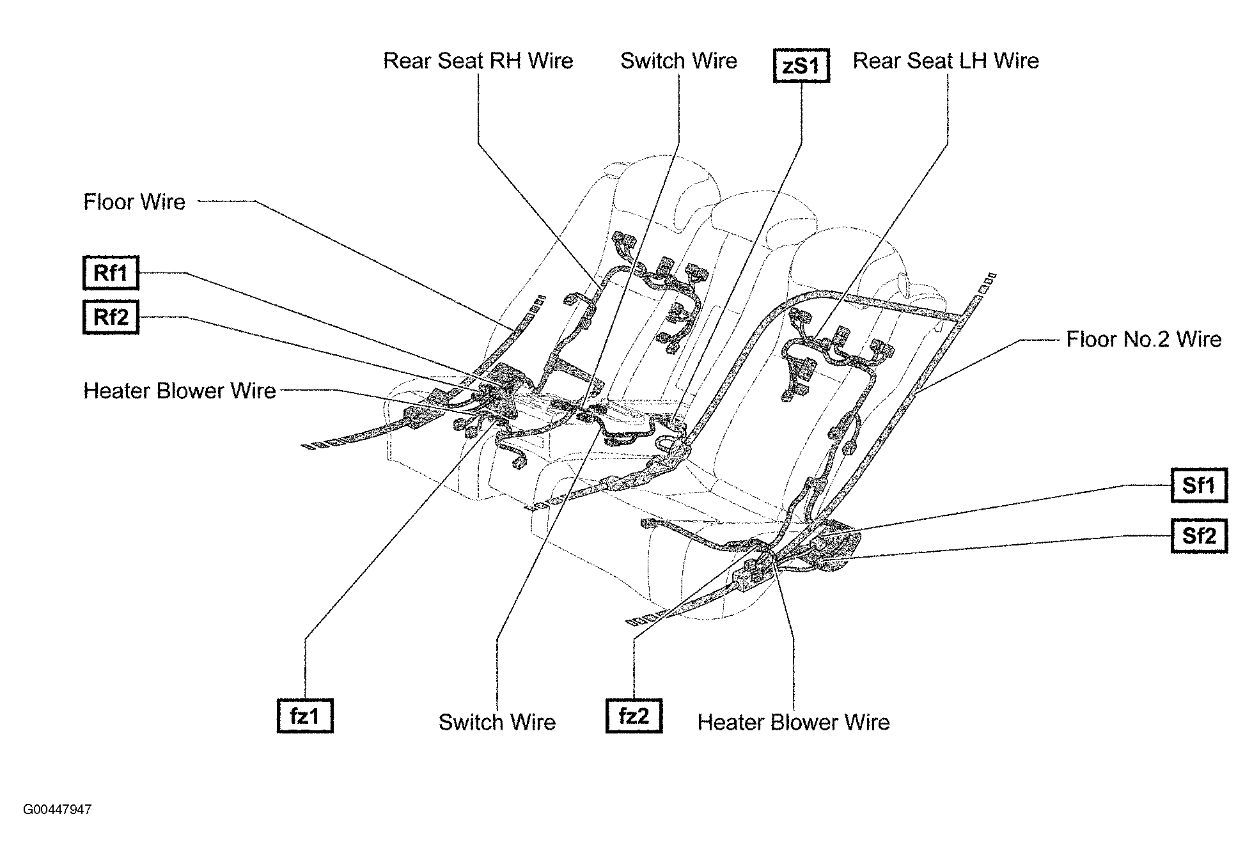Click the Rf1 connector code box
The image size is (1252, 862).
tap(111, 273)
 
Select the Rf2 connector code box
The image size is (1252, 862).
tap(111, 317)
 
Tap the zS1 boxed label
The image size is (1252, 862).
tap(801, 67)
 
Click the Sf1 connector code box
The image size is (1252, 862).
tap(1199, 486)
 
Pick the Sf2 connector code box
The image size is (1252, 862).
tap(1199, 535)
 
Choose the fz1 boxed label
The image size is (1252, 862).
tap(305, 716)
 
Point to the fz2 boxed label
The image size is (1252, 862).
tap(634, 716)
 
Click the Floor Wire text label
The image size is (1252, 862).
tap(134, 202)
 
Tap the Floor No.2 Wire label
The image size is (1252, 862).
tap(1143, 340)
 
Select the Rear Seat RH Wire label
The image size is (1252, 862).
tap(478, 61)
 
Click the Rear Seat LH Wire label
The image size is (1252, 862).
tap(946, 61)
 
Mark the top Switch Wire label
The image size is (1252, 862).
tap(678, 61)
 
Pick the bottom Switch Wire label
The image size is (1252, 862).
tap(497, 723)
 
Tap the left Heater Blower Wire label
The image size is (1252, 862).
tap(180, 391)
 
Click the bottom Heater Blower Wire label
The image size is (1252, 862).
tap(794, 723)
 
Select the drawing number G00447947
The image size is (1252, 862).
tap(58, 810)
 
